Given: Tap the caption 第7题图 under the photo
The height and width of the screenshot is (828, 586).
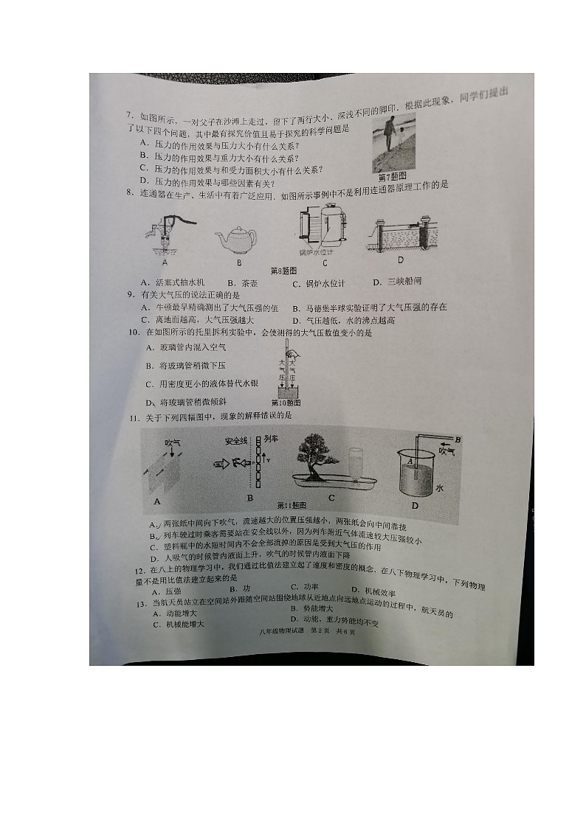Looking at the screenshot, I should tap(393, 178).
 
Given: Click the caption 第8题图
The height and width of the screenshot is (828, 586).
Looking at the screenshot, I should tap(283, 271).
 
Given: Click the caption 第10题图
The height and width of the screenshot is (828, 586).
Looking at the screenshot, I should tap(286, 403).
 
